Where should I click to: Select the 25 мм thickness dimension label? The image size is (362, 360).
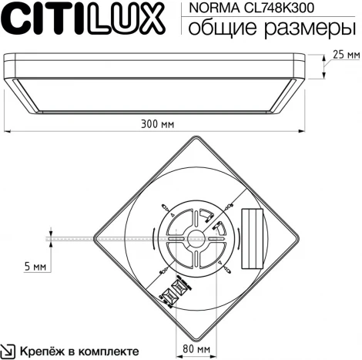point(346,55)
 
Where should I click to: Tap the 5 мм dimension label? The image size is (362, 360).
point(35,266)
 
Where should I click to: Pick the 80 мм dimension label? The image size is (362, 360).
point(197,348)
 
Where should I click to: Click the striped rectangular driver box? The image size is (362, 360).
point(253,230)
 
